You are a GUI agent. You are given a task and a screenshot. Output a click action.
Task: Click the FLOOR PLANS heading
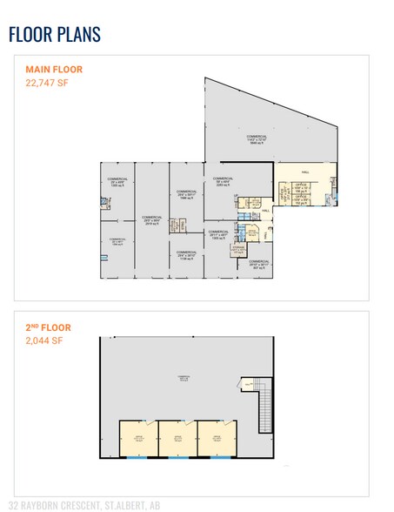tap(54, 35)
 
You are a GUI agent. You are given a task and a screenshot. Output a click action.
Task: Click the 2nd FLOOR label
tap(48, 327)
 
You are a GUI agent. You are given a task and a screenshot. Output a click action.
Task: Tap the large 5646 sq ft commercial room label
tap(255, 139)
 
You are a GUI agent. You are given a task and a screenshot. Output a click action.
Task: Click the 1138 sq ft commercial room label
tap(187, 255)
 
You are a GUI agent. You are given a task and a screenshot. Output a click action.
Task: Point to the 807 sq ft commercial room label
tap(260, 264)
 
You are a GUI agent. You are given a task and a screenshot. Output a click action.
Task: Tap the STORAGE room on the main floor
tap(237, 250)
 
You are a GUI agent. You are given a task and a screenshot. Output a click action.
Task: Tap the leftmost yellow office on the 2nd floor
tap(137, 438)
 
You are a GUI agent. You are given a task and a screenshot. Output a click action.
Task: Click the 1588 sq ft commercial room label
tap(185, 195)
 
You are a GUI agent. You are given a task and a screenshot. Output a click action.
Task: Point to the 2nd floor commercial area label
tap(184, 378)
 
